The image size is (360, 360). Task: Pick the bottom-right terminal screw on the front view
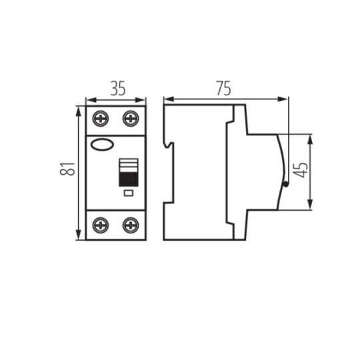pos(131,225)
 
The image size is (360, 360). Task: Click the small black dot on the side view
pos(285,185)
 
